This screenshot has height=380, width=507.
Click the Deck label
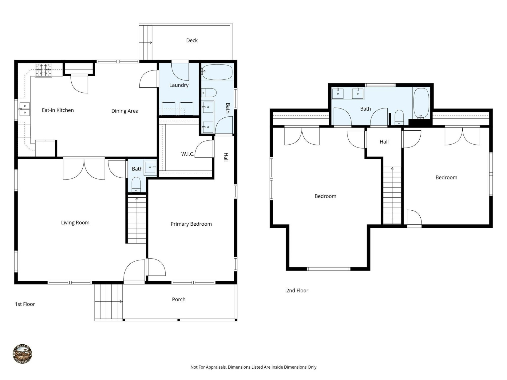pyautogui.click(x=192, y=40)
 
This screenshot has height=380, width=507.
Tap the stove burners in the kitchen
pyautogui.click(x=44, y=70)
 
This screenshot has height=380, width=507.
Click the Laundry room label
pyautogui.click(x=179, y=85)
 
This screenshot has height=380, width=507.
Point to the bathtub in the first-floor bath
pyautogui.click(x=217, y=72)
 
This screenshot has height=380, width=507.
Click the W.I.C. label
pyautogui.click(x=187, y=154)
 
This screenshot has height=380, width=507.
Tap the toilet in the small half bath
pyautogui.click(x=136, y=184)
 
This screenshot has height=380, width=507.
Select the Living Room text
pyautogui.click(x=75, y=222)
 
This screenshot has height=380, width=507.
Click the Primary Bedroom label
pyautogui.click(x=191, y=224)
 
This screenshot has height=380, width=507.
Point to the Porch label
pyautogui.click(x=179, y=299)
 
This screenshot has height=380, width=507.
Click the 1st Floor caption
pyautogui.click(x=25, y=304)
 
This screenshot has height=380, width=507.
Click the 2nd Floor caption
pyautogui.click(x=297, y=291)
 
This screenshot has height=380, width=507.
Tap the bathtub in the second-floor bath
pyautogui.click(x=421, y=103)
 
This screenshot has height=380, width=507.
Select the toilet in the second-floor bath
pyautogui.click(x=399, y=117)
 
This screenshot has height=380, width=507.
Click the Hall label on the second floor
pyautogui.click(x=384, y=142)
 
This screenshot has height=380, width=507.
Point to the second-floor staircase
pyautogui.click(x=392, y=195)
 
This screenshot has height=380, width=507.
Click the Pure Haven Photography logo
pyautogui.click(x=22, y=354)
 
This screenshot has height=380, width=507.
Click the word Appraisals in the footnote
pyautogui.click(x=216, y=367)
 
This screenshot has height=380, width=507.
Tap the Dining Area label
pyautogui.click(x=125, y=111)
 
